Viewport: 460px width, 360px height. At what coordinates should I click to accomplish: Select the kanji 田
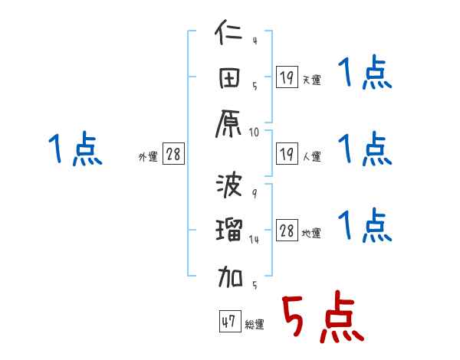tap(229, 79)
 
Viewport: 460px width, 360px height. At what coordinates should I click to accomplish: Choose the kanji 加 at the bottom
tap(229, 274)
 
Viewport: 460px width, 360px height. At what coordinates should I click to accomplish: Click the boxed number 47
tap(228, 322)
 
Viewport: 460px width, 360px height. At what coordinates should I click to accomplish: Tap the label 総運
tap(254, 324)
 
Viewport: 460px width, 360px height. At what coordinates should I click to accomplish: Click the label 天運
tap(311, 80)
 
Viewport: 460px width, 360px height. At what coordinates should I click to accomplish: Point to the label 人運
tap(311, 156)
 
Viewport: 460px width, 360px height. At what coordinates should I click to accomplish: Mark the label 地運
tap(311, 233)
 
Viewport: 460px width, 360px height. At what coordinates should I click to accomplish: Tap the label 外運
tap(147, 156)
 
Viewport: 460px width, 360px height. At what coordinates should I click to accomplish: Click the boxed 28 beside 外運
tap(173, 154)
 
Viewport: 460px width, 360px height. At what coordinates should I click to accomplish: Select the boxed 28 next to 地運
tap(287, 231)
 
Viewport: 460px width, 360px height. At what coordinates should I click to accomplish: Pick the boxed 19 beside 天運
tap(287, 77)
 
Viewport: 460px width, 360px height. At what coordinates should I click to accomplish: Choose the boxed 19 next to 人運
tap(287, 154)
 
